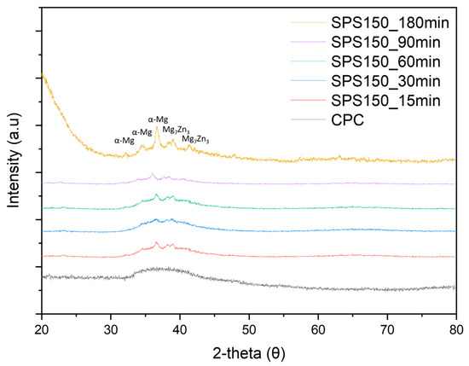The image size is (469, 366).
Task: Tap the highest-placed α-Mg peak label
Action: [157, 120]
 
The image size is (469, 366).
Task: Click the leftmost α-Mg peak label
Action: [124, 141]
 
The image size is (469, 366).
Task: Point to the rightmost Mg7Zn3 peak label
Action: [196, 138]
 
